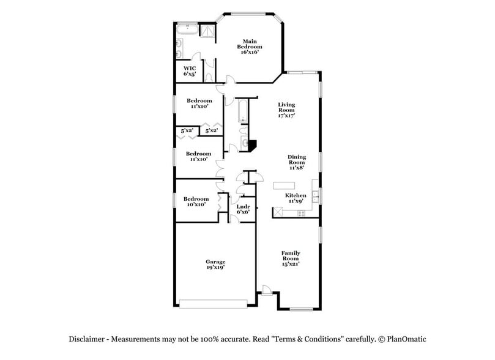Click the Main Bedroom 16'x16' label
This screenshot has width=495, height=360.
coord(250,47)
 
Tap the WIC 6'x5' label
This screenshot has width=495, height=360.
coord(190,70)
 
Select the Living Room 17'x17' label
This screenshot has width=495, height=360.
coord(286,110)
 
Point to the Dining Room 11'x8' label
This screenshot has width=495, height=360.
coord(297,162)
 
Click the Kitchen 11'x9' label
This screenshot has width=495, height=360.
coord(297,198)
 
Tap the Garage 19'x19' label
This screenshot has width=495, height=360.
coord(215,264)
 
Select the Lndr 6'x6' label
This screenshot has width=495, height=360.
coord(243,209)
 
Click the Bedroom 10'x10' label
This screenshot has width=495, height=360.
coord(196,201)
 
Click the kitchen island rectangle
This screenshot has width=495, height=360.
coord(283,186)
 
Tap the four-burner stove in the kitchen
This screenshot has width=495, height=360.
coord(301,213)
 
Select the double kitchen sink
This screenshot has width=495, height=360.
coord(315,197)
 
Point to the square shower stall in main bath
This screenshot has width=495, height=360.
coord(210,32)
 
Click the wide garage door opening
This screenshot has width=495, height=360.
coord(214,303)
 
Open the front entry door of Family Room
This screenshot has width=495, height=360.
coord(266,289)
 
